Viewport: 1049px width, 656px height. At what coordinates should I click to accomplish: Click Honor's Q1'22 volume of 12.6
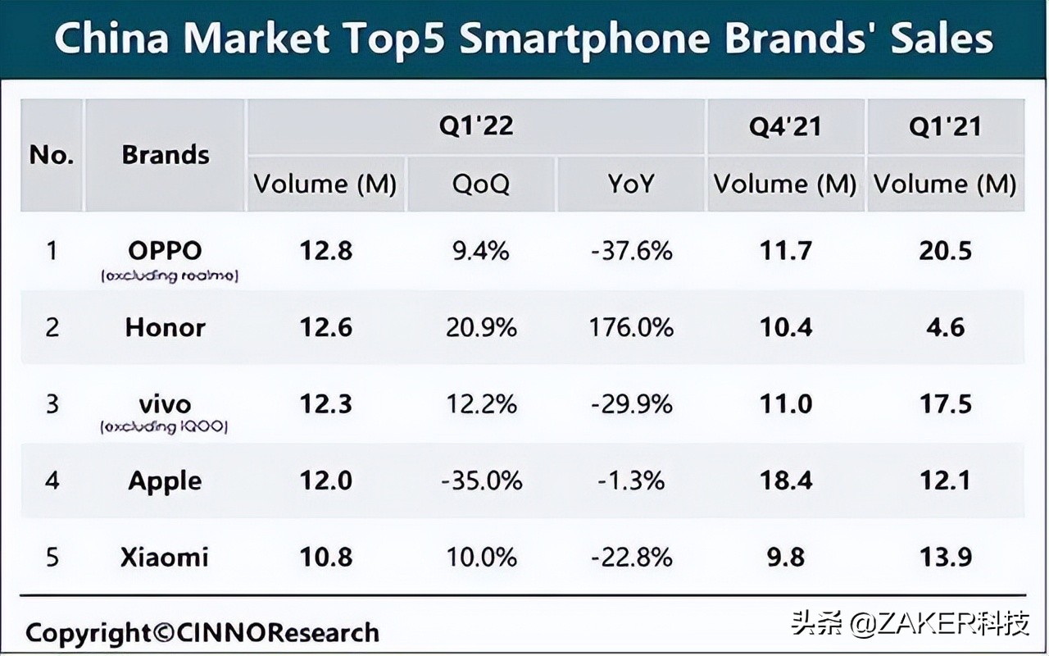point(326,328)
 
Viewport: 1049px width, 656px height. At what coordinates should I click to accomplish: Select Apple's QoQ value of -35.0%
point(482,481)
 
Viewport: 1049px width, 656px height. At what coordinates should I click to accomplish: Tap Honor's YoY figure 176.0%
point(631,328)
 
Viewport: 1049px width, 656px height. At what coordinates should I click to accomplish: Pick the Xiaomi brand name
point(165,558)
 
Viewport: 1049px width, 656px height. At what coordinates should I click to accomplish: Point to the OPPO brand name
point(165,250)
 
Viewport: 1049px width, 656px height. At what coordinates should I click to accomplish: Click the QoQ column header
point(482,184)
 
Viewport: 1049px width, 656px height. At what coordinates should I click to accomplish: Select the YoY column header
point(631,184)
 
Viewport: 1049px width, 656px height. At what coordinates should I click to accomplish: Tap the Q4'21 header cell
point(784,127)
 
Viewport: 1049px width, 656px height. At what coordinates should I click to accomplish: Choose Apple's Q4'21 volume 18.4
point(786,481)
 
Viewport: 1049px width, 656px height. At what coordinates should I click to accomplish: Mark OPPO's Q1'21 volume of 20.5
point(945,251)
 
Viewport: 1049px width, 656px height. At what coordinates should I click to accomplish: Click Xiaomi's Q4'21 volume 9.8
point(786,558)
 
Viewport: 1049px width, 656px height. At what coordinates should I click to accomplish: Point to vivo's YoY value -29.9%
point(631,404)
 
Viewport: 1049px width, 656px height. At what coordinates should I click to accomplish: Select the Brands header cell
point(166,155)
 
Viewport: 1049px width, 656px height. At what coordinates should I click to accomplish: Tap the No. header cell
point(52,155)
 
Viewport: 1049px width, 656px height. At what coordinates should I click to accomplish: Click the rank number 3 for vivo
point(52,404)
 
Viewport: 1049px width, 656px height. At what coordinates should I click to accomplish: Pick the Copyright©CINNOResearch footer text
point(202,633)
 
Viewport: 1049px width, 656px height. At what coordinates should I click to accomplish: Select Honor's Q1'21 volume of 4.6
point(945,328)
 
